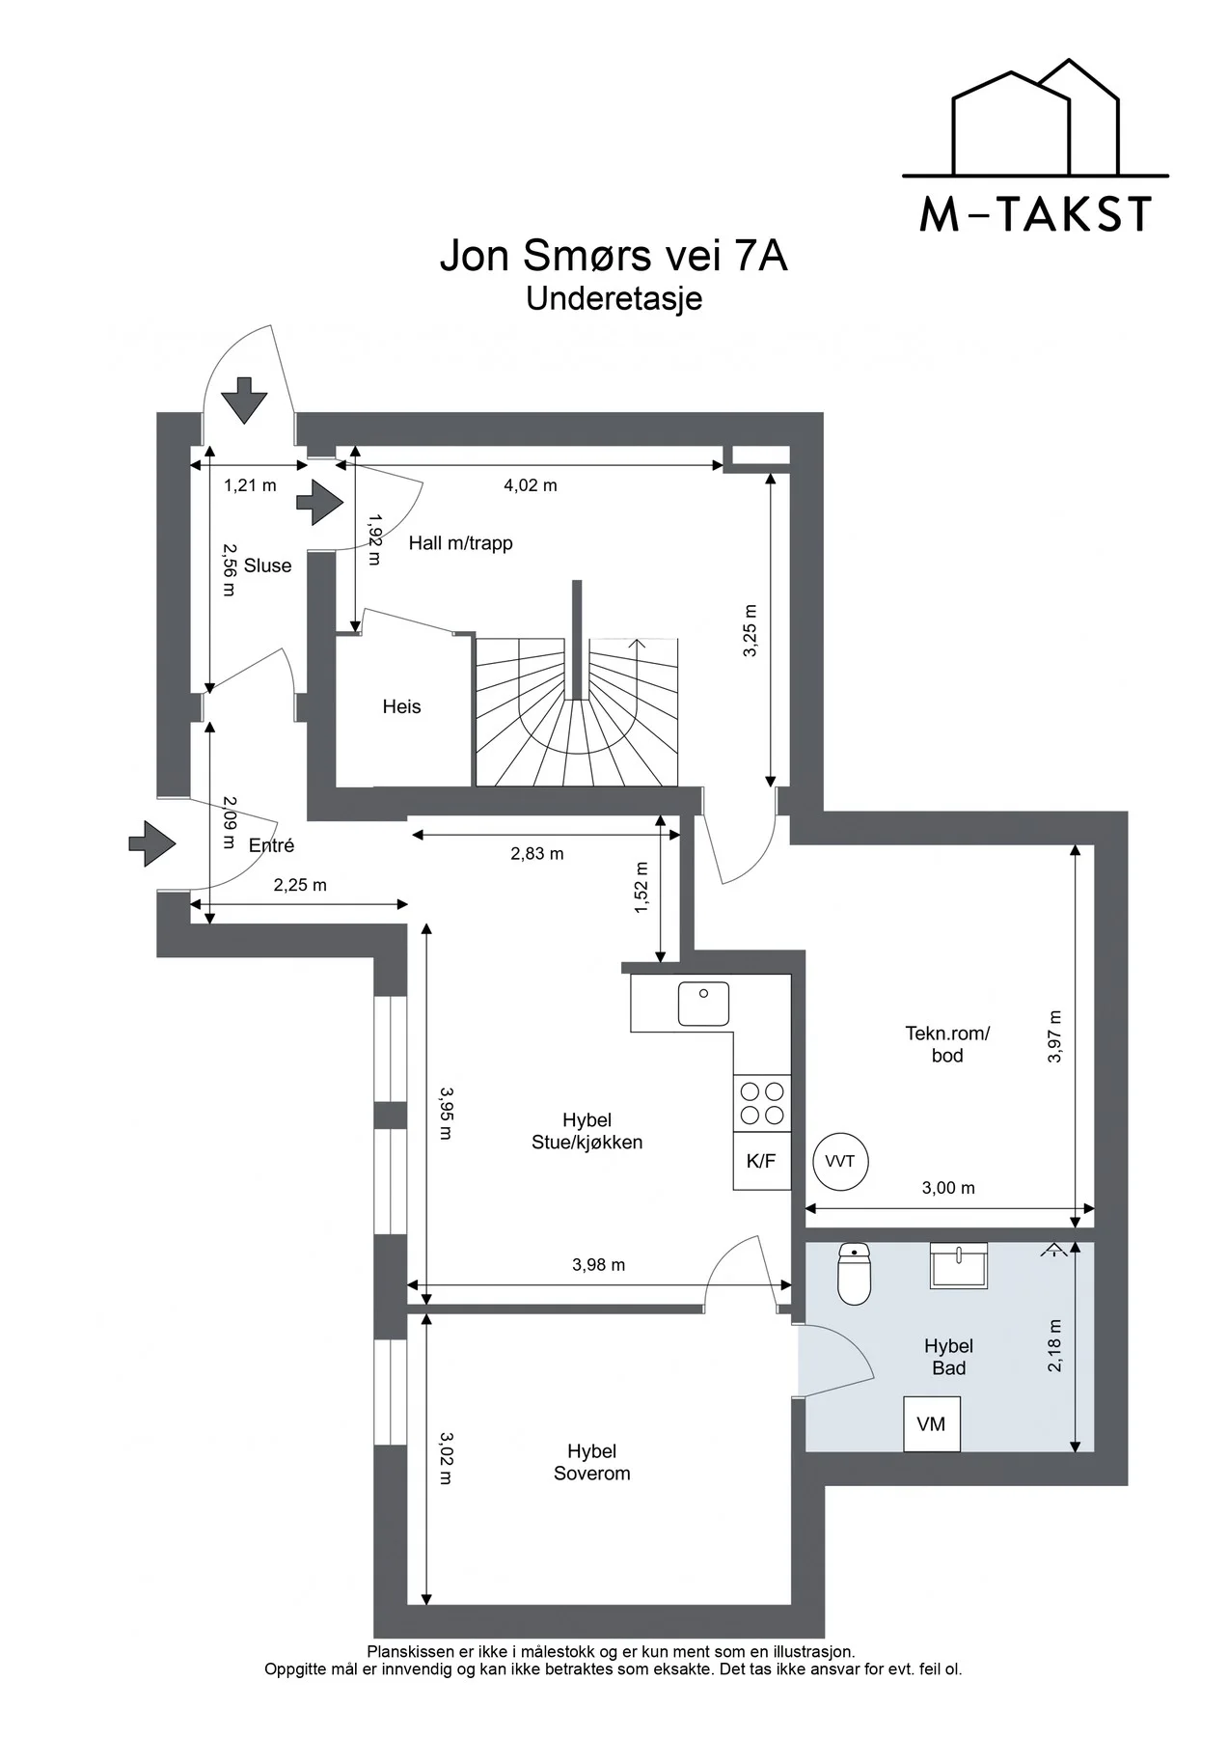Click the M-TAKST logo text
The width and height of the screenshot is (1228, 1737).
[1036, 214]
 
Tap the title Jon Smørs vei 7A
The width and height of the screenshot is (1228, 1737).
[614, 256]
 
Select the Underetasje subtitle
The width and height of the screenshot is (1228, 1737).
[614, 299]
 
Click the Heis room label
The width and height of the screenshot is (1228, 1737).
[401, 706]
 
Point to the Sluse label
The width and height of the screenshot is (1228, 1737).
[267, 565]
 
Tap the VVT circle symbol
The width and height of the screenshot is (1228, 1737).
[840, 1161]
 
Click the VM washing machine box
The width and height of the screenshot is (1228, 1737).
[932, 1423]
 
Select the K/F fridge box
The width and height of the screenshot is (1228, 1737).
[762, 1161]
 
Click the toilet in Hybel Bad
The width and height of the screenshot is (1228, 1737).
[855, 1273]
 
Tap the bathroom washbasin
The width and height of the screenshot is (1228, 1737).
[958, 1265]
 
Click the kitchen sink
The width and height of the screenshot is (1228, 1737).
[703, 1004]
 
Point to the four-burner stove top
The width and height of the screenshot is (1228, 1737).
[762, 1103]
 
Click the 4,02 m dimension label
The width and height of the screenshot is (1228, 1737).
[531, 485]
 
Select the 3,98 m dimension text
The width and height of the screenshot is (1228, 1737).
[598, 1264]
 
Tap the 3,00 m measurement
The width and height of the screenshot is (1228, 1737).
[948, 1188]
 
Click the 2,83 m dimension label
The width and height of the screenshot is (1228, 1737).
[537, 853]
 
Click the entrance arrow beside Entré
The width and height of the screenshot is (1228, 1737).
[152, 843]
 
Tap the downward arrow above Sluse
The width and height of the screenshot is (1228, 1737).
[244, 400]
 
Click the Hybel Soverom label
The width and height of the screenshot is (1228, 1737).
[592, 1462]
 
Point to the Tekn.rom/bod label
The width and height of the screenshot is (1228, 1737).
[947, 1044]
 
